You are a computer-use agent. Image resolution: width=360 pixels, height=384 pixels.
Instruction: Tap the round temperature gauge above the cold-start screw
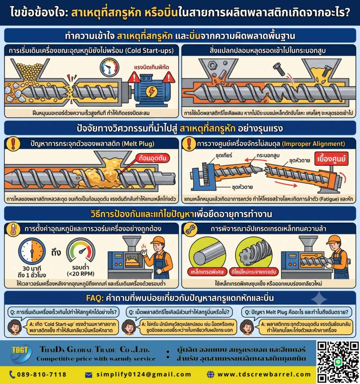point(109,67)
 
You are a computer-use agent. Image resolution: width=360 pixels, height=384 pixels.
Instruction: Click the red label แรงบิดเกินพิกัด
point(151,67)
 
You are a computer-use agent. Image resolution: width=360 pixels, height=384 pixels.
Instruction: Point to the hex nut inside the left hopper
point(212,65)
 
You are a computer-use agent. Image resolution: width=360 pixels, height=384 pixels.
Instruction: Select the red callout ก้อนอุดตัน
point(153,158)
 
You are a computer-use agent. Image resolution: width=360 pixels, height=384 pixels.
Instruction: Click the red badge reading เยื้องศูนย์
point(331,159)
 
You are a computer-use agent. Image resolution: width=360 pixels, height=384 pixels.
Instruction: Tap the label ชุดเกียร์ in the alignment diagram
point(224,155)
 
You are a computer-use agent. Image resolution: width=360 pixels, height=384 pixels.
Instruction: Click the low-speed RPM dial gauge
point(81,251)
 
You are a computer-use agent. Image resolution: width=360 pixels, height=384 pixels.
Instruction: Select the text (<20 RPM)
point(81,274)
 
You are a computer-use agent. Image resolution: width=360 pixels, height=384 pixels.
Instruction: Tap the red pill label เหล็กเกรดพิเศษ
point(207,272)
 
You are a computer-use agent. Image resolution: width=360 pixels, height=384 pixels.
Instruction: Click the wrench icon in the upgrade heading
point(190,229)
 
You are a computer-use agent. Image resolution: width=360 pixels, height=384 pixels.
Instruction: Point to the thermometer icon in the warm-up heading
point(13,229)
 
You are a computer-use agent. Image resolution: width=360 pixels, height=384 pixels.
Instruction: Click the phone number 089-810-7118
point(42,375)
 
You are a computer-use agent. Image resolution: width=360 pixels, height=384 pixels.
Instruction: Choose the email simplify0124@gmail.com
point(144,375)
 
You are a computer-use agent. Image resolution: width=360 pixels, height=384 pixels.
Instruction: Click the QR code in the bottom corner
point(338,362)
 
